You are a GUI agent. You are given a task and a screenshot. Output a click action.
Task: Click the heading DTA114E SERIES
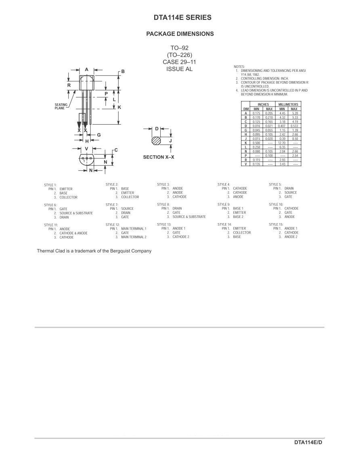(x=182, y=17)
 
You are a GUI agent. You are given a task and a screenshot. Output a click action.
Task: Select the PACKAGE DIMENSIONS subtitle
(x=180, y=34)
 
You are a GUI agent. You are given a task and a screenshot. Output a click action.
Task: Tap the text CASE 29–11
(x=179, y=62)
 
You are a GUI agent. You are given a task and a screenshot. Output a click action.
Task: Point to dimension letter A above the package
(x=86, y=69)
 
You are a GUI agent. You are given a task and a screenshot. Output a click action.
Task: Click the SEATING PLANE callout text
(x=61, y=107)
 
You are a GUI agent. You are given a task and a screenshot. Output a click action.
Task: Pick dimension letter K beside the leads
(x=119, y=107)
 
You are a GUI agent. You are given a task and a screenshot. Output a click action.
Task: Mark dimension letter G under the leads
(x=99, y=135)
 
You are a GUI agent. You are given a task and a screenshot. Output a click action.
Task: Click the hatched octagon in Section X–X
(x=156, y=140)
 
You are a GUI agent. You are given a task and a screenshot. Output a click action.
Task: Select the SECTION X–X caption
(x=159, y=157)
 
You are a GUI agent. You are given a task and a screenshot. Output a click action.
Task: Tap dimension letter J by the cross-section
(x=170, y=140)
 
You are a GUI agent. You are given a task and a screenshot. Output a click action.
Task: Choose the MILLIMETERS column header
(x=288, y=104)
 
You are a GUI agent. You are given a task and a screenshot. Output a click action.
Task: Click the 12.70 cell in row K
(x=282, y=143)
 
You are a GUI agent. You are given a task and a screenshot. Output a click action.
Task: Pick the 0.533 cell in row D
(x=295, y=126)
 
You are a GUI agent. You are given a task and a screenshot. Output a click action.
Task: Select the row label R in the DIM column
(x=246, y=160)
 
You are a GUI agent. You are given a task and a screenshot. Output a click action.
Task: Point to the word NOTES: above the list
(x=239, y=67)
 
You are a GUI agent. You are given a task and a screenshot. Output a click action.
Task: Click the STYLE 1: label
(x=50, y=185)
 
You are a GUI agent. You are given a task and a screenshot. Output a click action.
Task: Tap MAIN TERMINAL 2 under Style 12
(x=134, y=237)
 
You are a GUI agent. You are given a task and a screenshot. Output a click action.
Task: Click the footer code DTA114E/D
(x=308, y=443)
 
